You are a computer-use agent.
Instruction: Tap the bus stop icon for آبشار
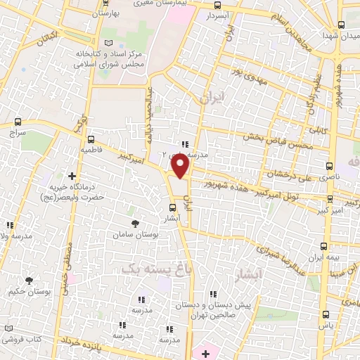[x=174, y=207]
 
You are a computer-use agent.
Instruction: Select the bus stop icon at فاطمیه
[x=90, y=139]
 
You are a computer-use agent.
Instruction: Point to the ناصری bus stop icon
[x=330, y=167]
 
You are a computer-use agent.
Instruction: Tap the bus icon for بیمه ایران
[x=324, y=246]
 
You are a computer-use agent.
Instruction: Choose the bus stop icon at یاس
[x=326, y=314]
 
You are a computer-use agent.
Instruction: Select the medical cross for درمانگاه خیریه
[x=72, y=176]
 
